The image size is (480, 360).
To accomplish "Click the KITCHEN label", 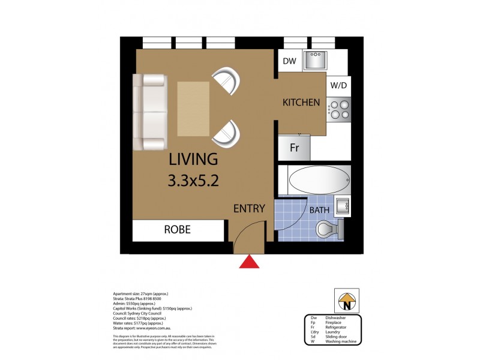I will click(301, 103).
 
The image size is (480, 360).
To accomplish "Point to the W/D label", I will click(338, 85).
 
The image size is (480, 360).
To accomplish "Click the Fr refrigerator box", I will click(294, 148).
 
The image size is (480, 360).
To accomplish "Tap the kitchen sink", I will click(314, 60).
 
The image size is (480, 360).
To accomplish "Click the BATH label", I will click(319, 210).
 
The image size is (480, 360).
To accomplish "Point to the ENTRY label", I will click(249, 209).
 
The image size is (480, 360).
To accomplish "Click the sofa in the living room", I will click(150, 112).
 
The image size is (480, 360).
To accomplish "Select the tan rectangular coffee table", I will click(193, 109).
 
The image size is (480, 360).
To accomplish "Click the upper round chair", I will click(226, 80).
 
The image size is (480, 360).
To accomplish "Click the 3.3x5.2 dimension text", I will click(193, 179).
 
